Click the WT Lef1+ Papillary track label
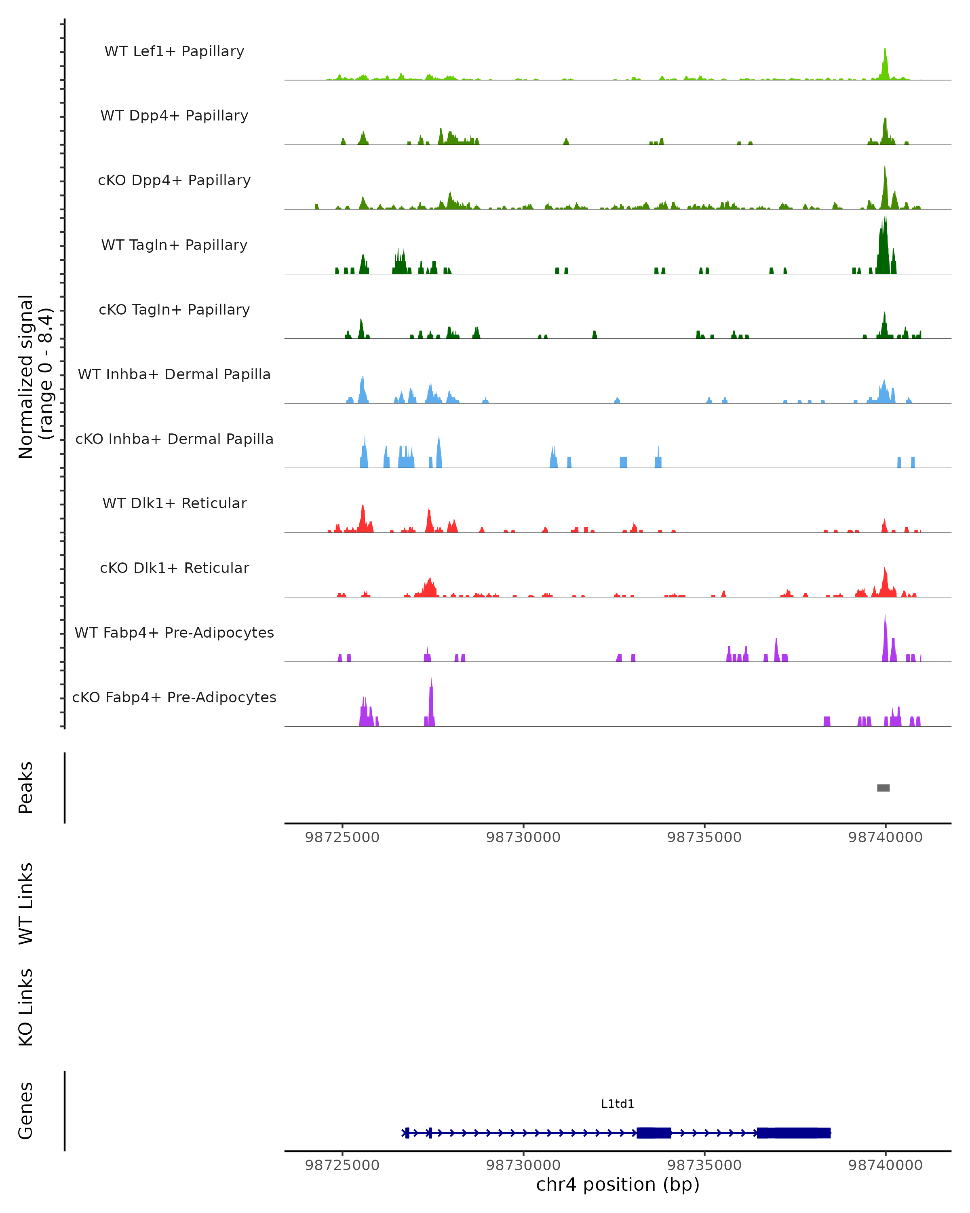click(174, 51)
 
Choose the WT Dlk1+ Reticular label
click(174, 503)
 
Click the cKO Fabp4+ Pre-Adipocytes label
click(174, 697)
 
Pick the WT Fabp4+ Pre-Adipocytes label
click(174, 632)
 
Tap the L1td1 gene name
click(618, 1104)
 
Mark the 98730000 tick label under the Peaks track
click(523, 837)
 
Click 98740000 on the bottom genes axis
click(885, 1165)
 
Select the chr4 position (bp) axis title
click(618, 1185)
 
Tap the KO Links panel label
click(26, 1007)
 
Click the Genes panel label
click(26, 1111)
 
